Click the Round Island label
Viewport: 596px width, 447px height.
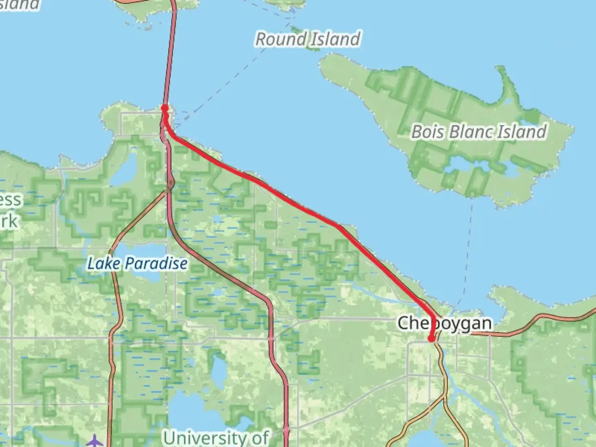tap(308, 39)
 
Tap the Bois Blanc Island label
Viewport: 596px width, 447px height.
tap(479, 132)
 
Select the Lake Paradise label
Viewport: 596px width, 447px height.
tap(137, 263)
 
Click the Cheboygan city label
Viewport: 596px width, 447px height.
tap(445, 323)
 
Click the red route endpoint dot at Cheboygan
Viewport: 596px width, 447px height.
tap(431, 339)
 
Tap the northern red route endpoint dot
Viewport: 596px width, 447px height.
tap(164, 108)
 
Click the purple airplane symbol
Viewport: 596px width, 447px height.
tap(95, 440)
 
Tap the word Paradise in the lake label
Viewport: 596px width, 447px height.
tap(156, 263)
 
